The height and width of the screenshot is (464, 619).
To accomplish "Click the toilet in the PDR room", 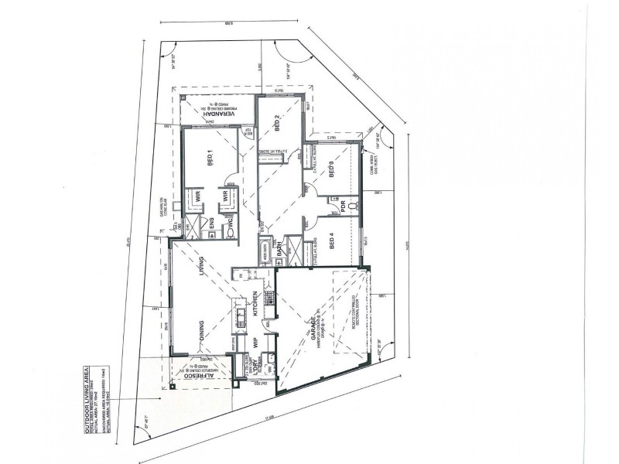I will pyautogui.click(x=352, y=206).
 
